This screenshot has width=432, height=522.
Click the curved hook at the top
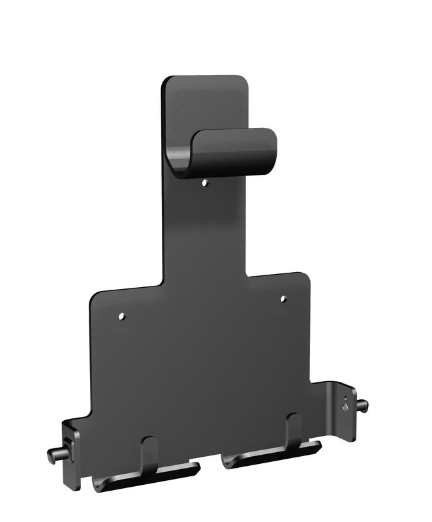[225, 153]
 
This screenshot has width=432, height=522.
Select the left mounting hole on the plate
[121, 317]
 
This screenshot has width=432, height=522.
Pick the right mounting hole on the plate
[283, 299]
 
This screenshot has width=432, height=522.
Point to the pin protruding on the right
[362, 406]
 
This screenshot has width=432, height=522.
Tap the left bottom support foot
[147, 475]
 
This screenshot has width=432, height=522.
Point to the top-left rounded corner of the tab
[167, 82]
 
